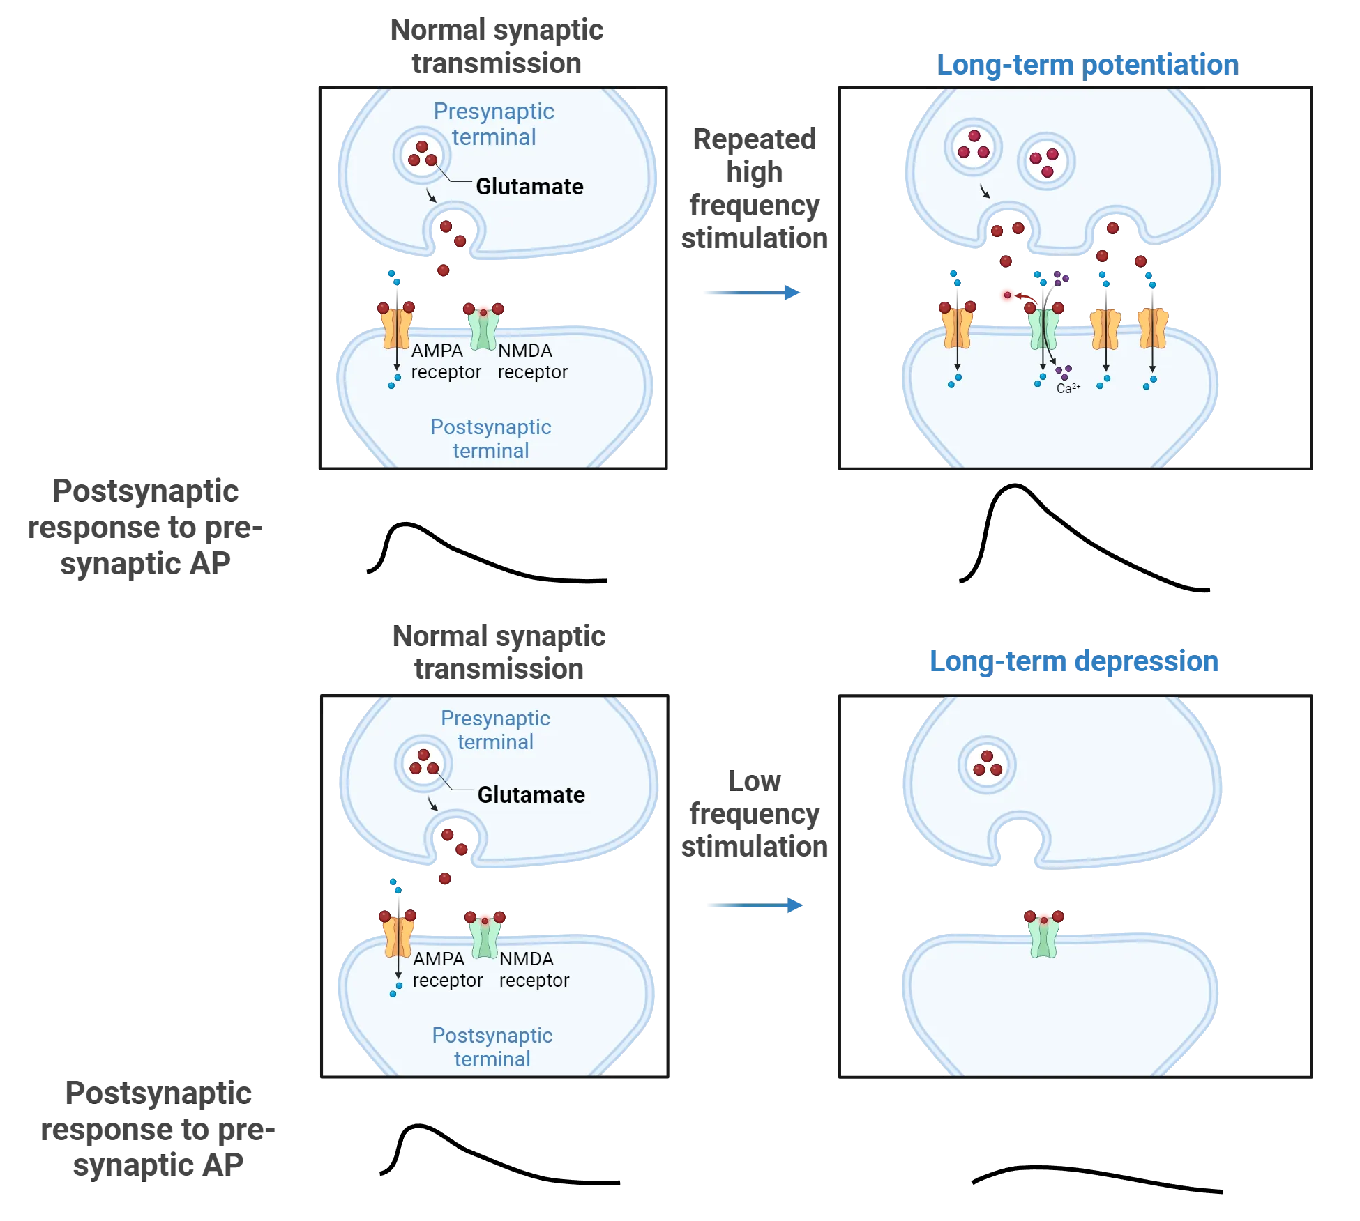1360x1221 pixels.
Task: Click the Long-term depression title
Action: coord(1074,661)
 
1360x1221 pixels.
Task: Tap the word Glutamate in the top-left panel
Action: coord(529,186)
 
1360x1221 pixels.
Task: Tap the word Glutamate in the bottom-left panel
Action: coord(531,794)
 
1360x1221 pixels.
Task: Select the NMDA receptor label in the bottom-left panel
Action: coord(534,969)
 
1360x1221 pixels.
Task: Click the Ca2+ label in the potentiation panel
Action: coord(1068,388)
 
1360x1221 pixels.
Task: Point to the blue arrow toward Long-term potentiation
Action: coord(753,293)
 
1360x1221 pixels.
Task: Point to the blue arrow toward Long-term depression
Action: coord(753,905)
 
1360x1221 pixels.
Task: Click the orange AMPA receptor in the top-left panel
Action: coord(396,328)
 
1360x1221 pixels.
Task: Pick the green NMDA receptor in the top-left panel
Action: coord(483,328)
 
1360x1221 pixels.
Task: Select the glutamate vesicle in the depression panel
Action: coord(987,765)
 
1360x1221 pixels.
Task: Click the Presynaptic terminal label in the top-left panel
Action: coord(494,124)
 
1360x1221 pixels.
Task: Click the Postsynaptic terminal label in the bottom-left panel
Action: coord(492,1047)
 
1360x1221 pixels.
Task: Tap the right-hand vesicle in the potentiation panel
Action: coord(1045,162)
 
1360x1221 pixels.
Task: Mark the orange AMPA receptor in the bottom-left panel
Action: coord(398,936)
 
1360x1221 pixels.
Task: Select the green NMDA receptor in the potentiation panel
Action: coord(1043,329)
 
